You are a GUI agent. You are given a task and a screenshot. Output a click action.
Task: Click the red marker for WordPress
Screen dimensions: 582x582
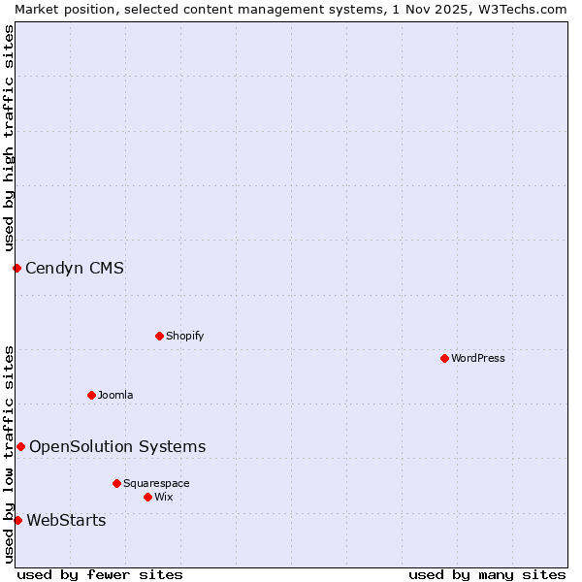point(444,358)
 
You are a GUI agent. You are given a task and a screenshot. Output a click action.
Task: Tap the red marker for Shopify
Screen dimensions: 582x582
point(159,336)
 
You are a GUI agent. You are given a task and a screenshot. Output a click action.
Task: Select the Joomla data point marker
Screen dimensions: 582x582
point(91,395)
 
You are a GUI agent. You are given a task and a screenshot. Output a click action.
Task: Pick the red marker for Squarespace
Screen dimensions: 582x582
point(116,483)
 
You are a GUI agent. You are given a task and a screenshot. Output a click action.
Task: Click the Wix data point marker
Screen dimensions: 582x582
point(147,497)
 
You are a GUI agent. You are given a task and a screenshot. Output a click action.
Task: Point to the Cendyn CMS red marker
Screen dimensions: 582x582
point(16,268)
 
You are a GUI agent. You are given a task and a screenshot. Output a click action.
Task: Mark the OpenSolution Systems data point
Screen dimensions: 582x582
point(20,446)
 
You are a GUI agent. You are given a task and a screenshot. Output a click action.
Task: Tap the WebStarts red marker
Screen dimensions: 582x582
point(17,521)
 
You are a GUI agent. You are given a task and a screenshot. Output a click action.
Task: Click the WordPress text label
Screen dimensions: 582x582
point(478,358)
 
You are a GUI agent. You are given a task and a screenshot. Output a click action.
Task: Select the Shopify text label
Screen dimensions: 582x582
point(184,336)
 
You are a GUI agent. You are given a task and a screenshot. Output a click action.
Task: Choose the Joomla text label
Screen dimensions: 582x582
point(115,395)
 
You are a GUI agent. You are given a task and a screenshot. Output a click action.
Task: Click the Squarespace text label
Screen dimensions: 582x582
point(156,483)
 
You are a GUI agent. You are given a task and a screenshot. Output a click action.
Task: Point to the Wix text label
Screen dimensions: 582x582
point(163,497)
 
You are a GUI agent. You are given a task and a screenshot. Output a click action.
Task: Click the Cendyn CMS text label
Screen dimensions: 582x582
point(75,268)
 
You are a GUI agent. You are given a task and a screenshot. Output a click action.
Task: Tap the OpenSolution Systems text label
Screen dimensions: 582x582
point(117,446)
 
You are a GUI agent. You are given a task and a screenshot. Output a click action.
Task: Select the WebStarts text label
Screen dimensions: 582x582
point(66,521)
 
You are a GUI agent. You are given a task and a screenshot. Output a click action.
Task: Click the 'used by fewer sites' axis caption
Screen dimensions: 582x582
point(100,574)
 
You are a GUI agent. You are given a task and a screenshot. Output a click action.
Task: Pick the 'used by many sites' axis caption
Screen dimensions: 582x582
point(487,574)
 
